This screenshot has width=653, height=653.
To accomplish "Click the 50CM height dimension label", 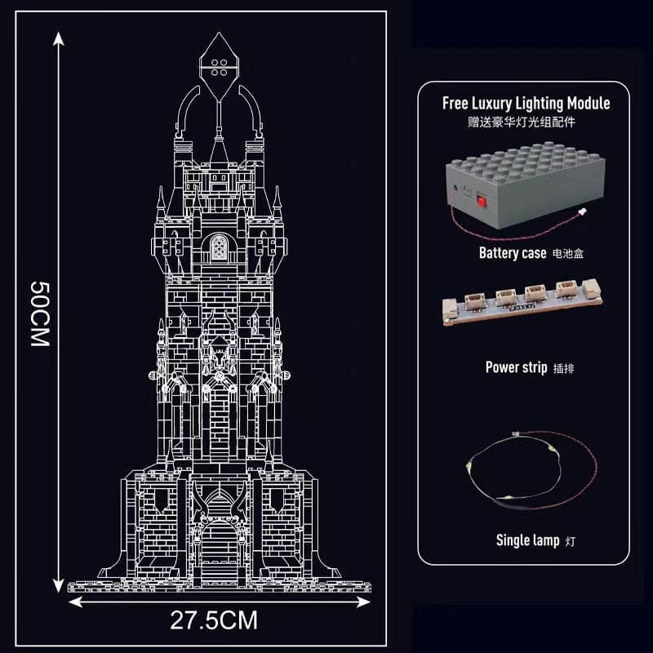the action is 40,313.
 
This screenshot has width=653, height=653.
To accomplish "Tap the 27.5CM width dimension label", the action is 214,620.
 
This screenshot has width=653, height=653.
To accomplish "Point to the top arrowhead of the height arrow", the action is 59,38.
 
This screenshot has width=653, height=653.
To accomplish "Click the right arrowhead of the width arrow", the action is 363,602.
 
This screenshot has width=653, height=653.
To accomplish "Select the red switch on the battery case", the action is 482,202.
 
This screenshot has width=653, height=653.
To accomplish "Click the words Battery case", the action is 513,253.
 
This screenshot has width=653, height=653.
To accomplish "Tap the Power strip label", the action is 517,367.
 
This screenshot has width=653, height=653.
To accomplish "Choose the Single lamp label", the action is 527,540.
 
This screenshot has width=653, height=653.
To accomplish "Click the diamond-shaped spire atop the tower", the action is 219,67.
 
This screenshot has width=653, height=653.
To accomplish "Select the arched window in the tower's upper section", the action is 219,247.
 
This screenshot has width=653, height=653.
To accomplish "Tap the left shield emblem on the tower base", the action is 162,500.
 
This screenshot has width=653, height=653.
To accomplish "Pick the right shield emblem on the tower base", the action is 277,500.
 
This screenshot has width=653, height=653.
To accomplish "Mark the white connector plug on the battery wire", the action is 583,211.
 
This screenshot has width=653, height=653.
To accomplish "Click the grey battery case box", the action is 526,185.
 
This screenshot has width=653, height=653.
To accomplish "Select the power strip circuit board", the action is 522,301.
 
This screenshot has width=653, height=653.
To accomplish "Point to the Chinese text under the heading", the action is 522,122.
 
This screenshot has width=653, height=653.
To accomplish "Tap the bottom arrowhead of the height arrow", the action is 59,585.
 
